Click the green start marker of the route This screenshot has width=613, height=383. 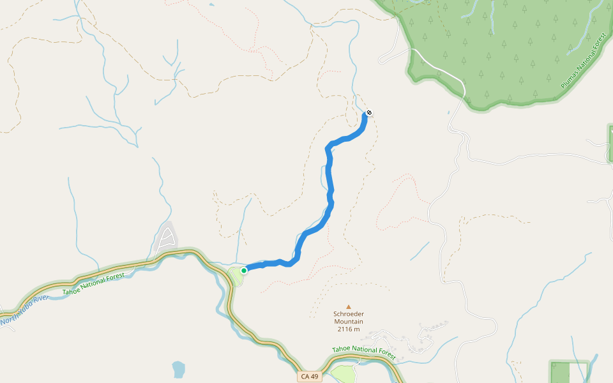click(x=244, y=271)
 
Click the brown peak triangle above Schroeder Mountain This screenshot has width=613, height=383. click(x=349, y=306)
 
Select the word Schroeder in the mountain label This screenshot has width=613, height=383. click(x=349, y=314)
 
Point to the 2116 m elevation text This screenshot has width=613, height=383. click(x=349, y=329)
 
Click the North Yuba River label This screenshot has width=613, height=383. click(x=24, y=310)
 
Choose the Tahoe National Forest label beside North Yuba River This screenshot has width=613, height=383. click(x=93, y=287)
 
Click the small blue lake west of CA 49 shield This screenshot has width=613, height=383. click(x=178, y=369)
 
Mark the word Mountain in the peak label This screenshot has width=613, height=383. click(x=349, y=322)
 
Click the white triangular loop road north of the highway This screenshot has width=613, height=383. click(x=166, y=238)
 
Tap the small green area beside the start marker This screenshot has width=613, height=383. click(x=236, y=276)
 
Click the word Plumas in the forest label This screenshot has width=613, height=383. click(x=570, y=79)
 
